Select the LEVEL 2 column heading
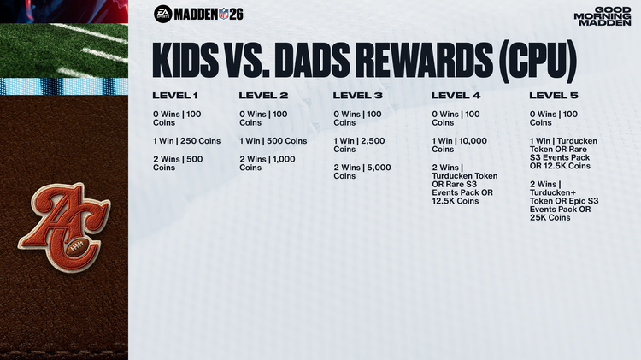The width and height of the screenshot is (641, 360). (264, 95)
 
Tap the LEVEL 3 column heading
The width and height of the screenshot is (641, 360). (358, 95)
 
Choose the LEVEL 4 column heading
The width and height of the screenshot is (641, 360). (456, 95)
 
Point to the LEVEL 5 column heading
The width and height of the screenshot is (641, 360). (554, 95)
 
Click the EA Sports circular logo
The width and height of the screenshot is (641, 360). (162, 13)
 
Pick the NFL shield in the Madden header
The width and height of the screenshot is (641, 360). (224, 13)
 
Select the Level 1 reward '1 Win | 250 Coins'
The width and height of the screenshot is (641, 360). (186, 141)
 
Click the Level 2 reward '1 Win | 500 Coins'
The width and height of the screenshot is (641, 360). (273, 141)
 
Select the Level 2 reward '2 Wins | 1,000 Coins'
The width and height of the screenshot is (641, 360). (268, 163)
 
